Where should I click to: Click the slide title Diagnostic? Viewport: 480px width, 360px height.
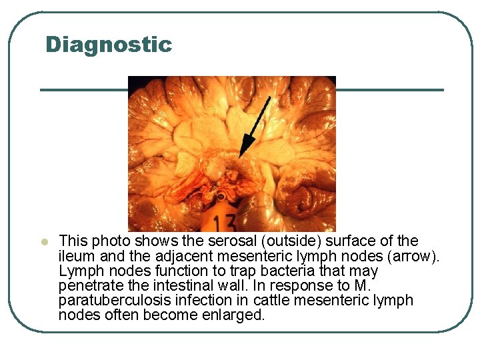click(109, 45)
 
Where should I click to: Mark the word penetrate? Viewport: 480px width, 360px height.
click(87, 286)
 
